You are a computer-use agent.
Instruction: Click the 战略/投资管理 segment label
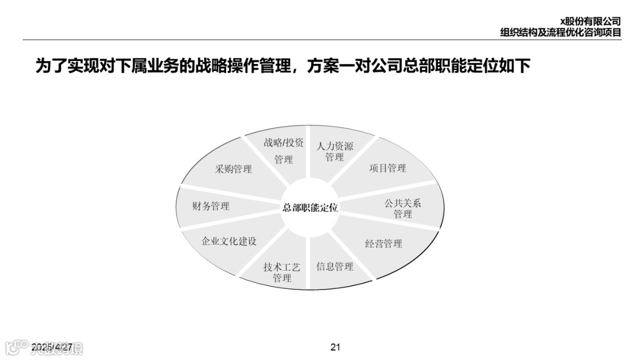283,151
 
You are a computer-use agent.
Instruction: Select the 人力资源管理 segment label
334,152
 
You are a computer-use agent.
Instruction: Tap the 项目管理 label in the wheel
388,168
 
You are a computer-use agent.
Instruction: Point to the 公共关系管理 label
402,208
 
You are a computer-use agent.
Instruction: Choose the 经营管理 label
383,243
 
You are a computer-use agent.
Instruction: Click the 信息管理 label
334,266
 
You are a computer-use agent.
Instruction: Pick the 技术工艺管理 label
282,272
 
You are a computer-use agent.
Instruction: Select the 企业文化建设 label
228,242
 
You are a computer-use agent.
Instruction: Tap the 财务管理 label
211,206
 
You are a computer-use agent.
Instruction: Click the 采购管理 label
233,169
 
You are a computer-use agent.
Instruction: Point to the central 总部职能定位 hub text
310,207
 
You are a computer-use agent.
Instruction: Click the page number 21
335,347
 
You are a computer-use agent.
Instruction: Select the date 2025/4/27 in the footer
52,347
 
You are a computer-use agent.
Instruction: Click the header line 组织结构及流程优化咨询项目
560,33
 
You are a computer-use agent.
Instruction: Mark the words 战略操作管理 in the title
236,66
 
